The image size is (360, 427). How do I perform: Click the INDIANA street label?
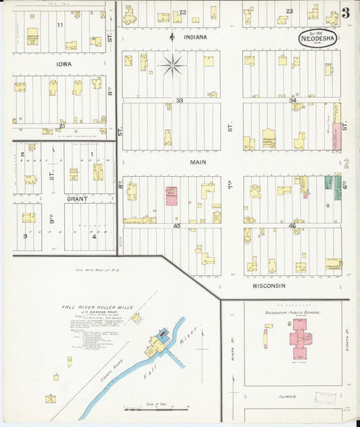pyautogui.click(x=195, y=37)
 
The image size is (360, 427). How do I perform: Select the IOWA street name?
pyautogui.click(x=63, y=64)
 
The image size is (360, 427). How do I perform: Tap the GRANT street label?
pyautogui.click(x=78, y=199)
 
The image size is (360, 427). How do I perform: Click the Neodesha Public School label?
pyautogui.click(x=293, y=313)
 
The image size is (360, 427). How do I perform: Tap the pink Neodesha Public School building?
pyautogui.click(x=300, y=336)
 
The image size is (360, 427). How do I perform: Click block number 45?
pyautogui.click(x=177, y=226)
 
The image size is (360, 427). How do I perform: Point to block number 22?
pyautogui.click(x=182, y=11)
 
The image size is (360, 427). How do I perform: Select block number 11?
pyautogui.click(x=60, y=24)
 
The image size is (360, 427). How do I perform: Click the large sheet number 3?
pyautogui.click(x=345, y=13)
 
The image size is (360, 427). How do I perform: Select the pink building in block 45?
pyautogui.click(x=172, y=197)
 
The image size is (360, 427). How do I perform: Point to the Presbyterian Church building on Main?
pyautogui.click(x=269, y=139)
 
